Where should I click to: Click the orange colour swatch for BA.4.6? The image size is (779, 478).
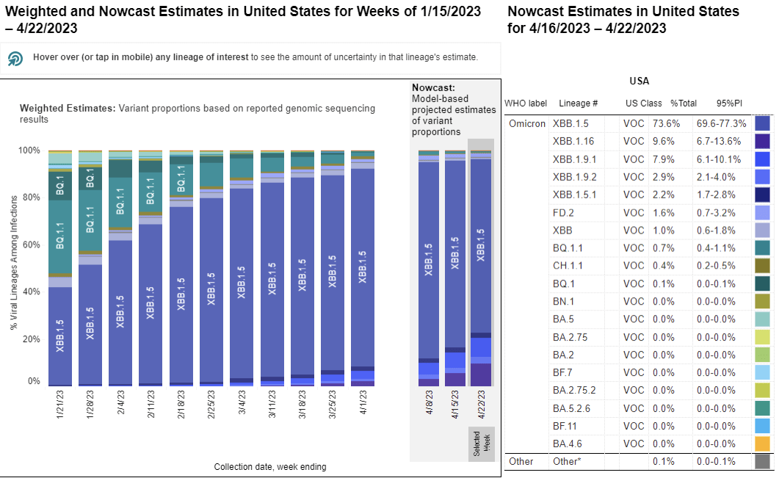(762, 443)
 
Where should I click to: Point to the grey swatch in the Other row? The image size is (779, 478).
(762, 461)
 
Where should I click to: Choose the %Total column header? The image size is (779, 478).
(683, 104)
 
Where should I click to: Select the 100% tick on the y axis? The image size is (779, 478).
(29, 151)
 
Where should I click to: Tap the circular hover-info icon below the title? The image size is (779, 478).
(15, 58)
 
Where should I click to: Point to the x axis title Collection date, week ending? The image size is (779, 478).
(270, 466)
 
